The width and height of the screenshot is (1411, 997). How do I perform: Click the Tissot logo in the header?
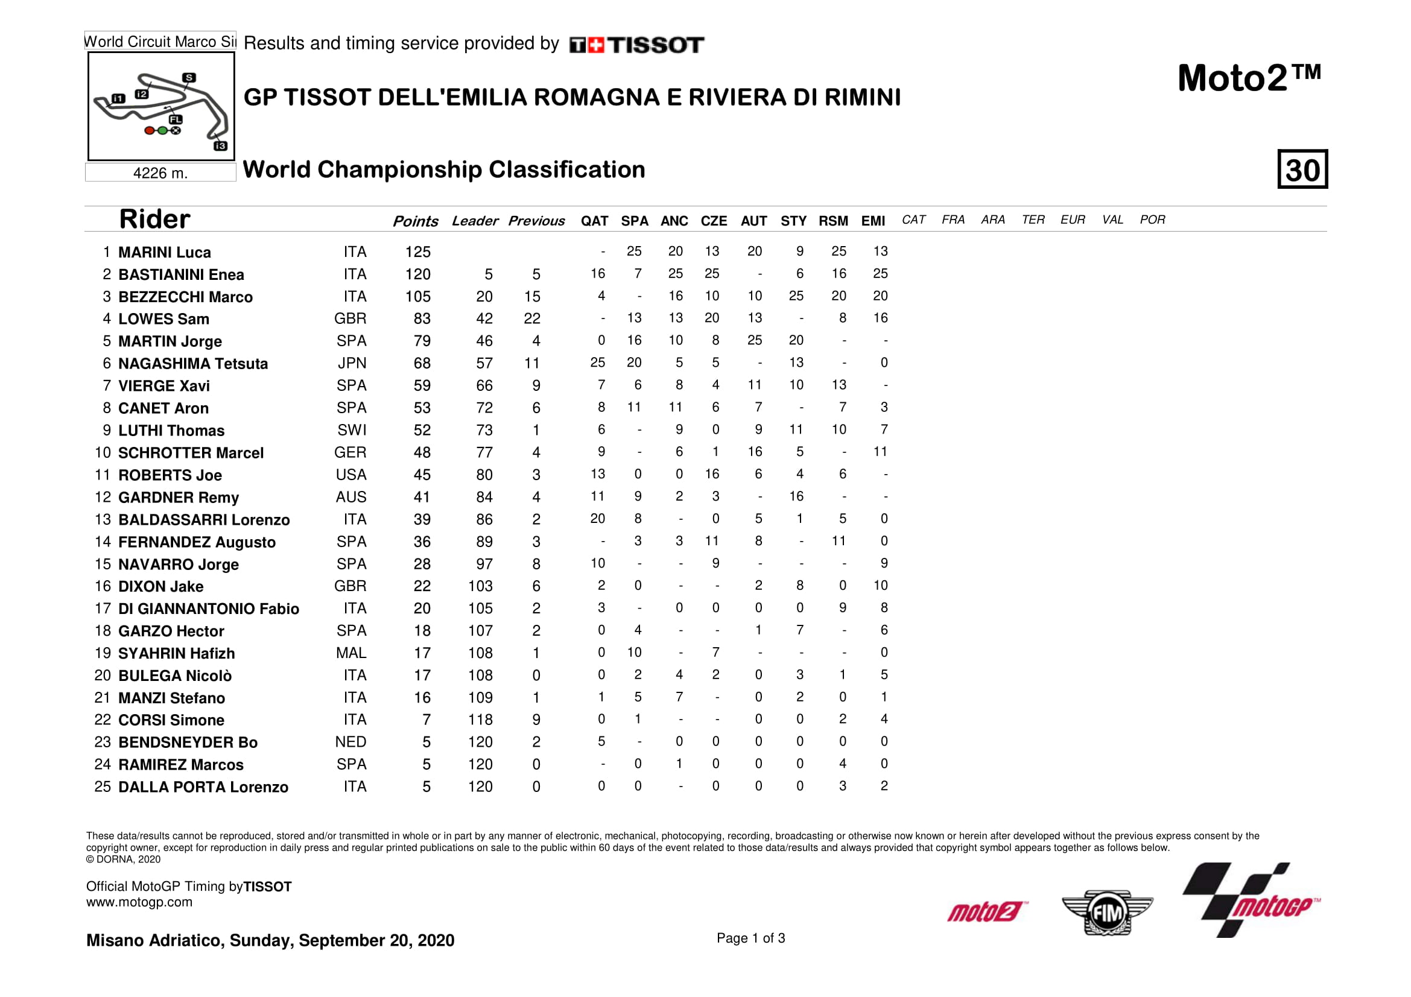coord(636,45)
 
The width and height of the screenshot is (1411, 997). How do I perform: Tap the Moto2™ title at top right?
coord(1249,78)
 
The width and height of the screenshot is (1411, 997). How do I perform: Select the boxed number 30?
coord(1302,169)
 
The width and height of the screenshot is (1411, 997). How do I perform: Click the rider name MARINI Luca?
coord(164,253)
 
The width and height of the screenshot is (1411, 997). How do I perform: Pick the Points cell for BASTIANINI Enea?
coord(418,274)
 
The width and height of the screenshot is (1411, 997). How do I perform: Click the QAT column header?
coord(594,221)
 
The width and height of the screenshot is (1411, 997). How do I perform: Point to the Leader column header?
coord(474,221)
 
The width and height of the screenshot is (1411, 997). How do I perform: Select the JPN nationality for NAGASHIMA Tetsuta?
coord(352,364)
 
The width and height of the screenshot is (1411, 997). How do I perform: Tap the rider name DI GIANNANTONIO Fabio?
coord(208,609)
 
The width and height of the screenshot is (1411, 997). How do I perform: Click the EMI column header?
coord(873,221)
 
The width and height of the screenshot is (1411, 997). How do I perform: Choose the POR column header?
coord(1152,220)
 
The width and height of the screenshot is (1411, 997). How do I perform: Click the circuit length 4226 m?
coord(160,173)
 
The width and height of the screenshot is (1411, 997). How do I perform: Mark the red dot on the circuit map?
coord(150,130)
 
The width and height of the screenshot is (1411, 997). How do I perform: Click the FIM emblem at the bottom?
coord(1107,913)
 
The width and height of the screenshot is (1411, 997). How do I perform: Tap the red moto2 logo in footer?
coord(986,911)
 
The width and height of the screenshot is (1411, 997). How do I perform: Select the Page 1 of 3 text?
coord(750,938)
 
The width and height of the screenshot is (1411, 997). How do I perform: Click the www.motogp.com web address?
coord(139,902)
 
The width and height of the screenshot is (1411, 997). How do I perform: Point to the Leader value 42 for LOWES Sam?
coord(484,319)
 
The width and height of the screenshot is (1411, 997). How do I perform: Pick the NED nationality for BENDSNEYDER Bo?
coord(350,742)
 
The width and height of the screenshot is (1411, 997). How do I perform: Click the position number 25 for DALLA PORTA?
coord(102,787)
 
